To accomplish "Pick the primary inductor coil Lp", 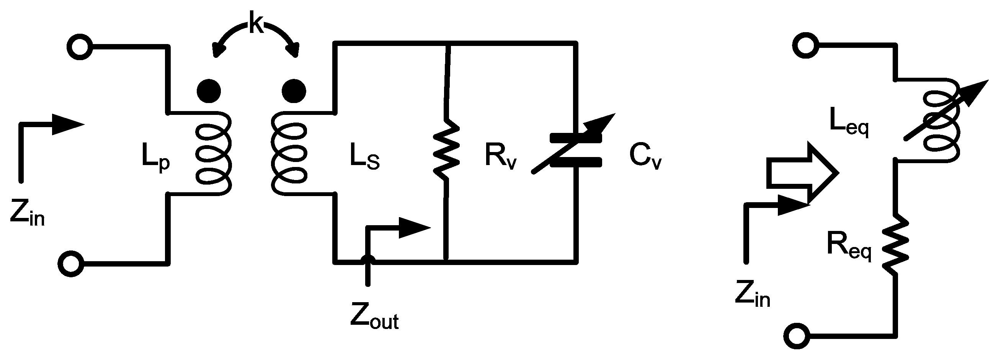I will (x=213, y=154).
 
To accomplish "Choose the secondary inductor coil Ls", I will (x=289, y=154).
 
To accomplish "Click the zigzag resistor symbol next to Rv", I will (x=446, y=150).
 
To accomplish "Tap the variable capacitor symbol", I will (x=575, y=150).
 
